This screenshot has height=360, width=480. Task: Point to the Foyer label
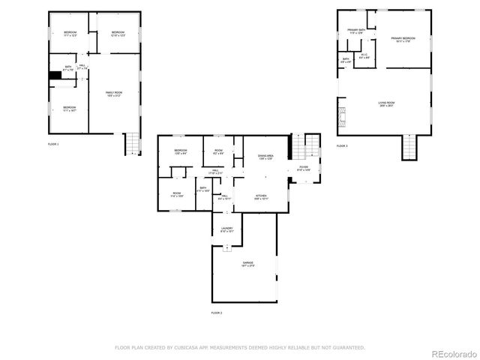[303, 169]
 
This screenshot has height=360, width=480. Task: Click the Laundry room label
[226, 229]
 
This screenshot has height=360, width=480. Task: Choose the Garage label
[247, 264]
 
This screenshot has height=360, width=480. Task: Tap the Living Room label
[386, 103]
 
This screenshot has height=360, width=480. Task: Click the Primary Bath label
[355, 31]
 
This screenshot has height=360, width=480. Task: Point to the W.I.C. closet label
[364, 55]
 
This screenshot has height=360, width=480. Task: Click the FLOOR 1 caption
[53, 143]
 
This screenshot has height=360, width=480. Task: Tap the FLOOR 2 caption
[217, 312]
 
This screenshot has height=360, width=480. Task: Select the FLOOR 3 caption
[342, 145]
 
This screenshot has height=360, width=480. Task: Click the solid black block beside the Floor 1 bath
[54, 75]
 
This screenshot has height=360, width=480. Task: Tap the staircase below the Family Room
[131, 142]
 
